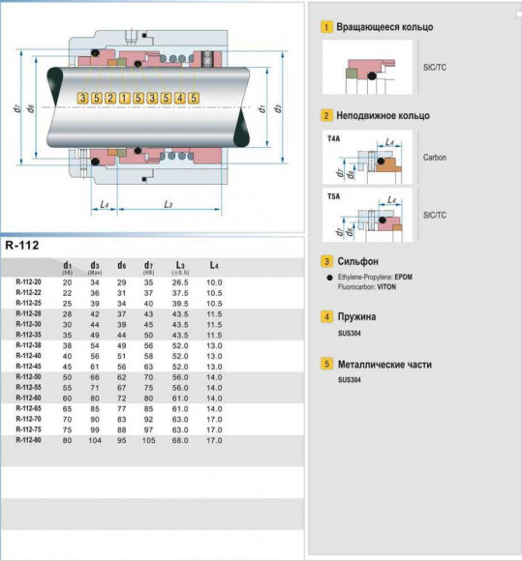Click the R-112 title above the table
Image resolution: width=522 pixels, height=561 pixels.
(x=24, y=245)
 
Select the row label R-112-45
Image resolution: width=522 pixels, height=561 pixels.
(x=29, y=366)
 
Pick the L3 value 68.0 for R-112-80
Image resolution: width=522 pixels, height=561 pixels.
(x=180, y=440)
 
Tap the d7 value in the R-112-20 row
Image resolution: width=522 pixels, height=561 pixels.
(x=149, y=281)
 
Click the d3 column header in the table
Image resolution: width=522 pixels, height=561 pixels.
(x=95, y=264)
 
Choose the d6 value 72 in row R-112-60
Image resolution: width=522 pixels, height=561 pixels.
(x=122, y=398)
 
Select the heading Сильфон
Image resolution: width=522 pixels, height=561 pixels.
(x=357, y=261)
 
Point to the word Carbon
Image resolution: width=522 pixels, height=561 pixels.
(x=435, y=157)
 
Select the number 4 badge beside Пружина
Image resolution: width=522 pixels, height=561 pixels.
(x=327, y=316)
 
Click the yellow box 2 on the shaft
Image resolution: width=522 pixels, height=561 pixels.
(x=110, y=98)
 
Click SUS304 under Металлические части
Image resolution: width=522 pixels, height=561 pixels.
(x=349, y=380)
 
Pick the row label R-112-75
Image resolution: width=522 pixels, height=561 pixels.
(x=29, y=429)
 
